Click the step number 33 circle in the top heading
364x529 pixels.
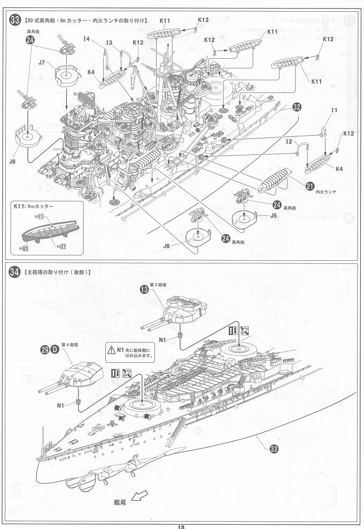click(15, 20)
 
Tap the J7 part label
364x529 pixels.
click(43, 63)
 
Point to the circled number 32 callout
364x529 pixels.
click(297, 107)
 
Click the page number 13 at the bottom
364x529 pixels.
click(181, 526)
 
